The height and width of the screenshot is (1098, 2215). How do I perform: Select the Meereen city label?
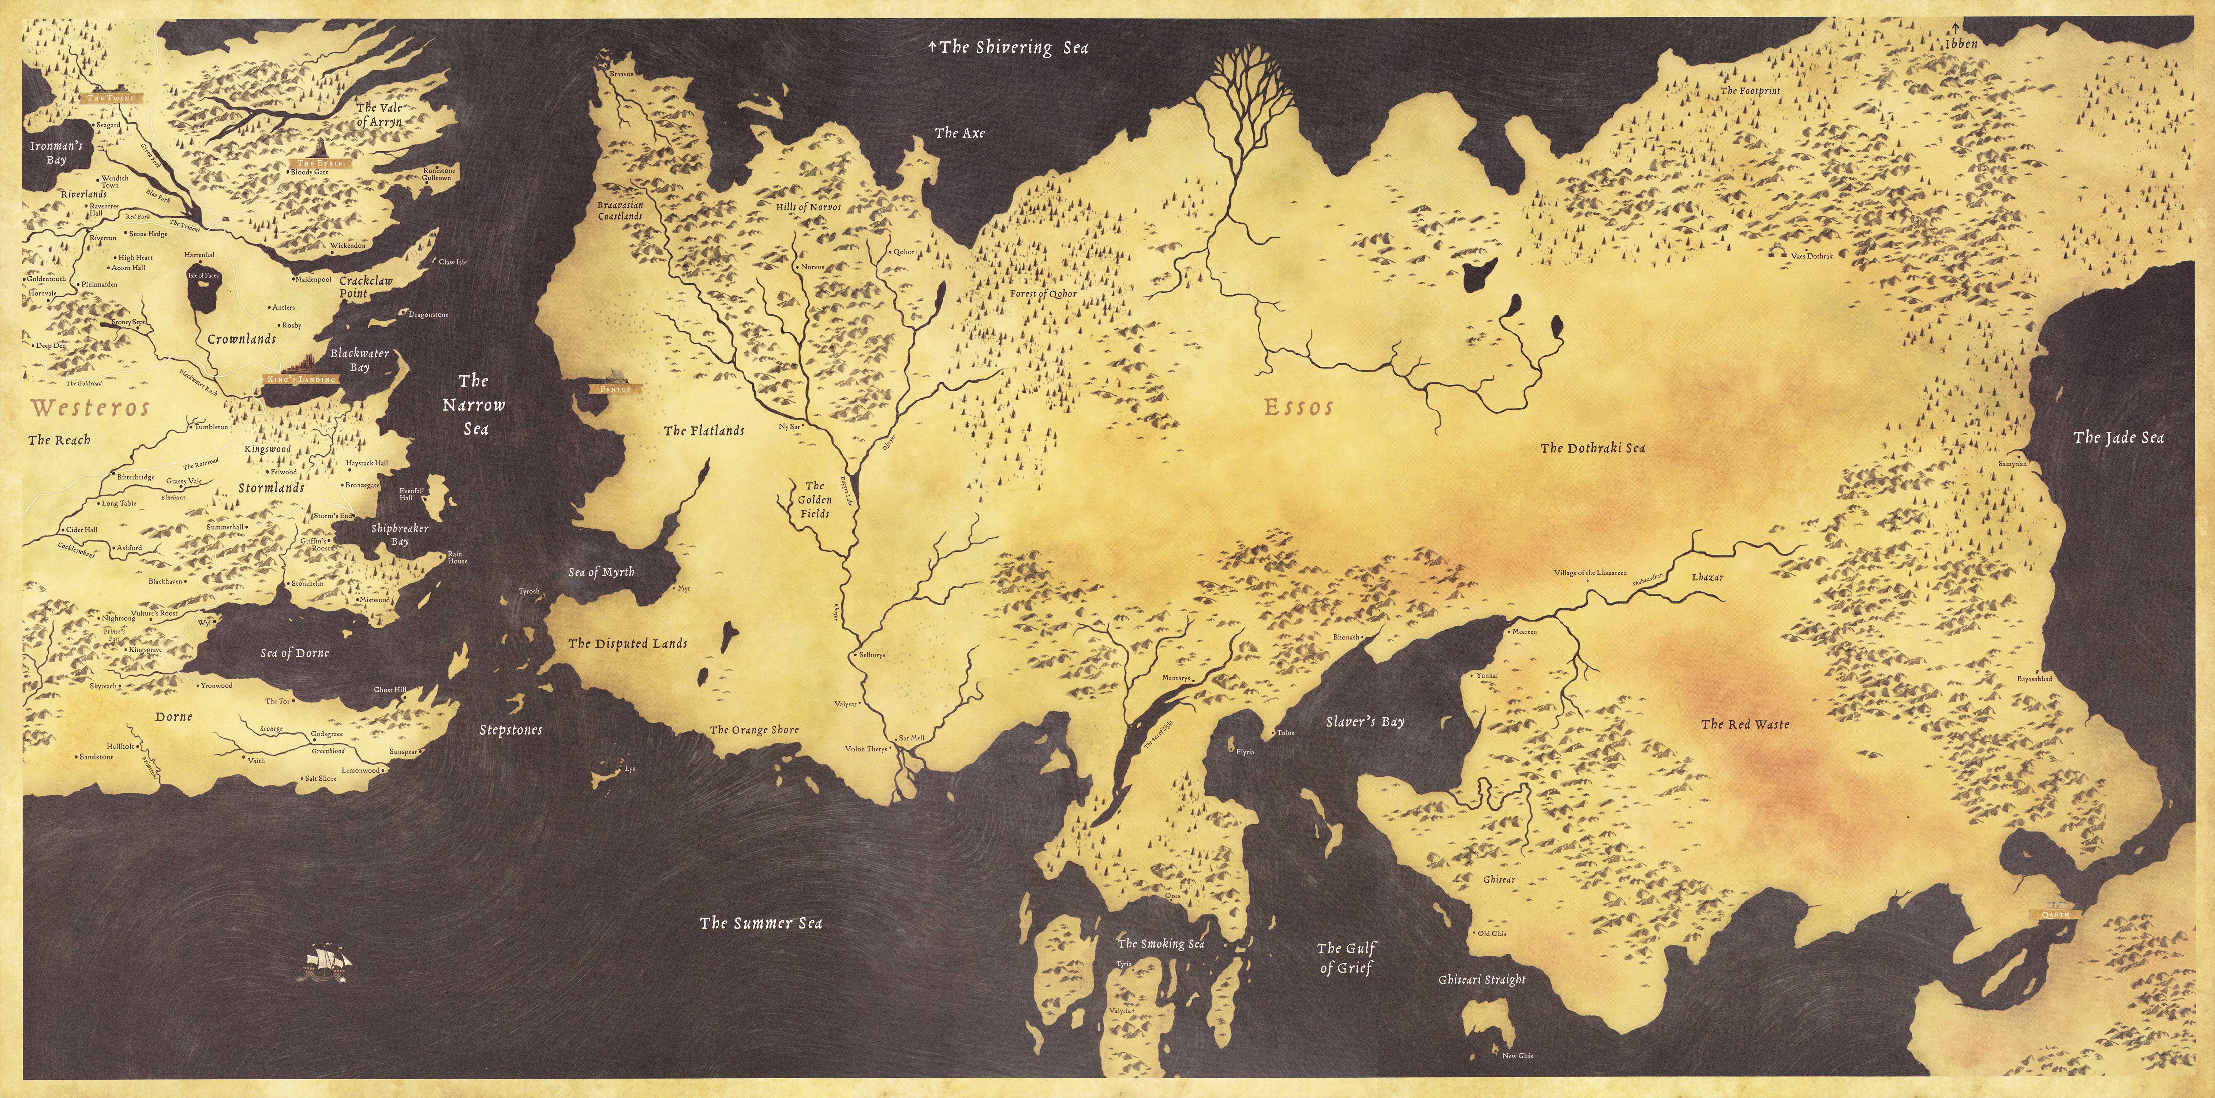[x=1524, y=632]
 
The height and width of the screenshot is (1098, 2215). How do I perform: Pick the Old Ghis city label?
[x=1492, y=933]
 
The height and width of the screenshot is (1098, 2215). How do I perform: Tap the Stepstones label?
[x=511, y=730]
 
